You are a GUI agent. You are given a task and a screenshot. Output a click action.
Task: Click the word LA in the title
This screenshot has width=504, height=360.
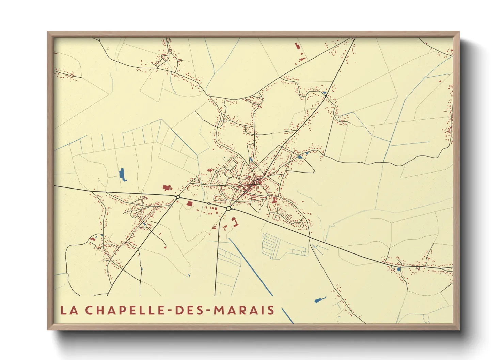point(69,310)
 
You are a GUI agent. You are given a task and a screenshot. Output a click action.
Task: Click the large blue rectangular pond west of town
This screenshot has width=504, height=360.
point(122,175)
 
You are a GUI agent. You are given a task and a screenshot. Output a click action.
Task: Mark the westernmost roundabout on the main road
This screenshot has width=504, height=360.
point(178,197)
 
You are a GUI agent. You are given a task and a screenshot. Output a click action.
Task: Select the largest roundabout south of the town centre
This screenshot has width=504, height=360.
point(229,208)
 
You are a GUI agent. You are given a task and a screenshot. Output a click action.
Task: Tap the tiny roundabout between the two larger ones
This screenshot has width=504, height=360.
point(209,203)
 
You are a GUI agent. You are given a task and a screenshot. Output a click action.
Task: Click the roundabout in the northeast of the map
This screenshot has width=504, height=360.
point(326,96)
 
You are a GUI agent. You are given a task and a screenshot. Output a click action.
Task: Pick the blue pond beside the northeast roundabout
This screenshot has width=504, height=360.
point(324,92)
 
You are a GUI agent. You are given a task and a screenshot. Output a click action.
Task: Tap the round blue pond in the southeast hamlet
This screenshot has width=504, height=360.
point(398,269)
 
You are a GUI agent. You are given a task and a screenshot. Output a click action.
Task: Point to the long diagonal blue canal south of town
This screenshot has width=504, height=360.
point(250,266)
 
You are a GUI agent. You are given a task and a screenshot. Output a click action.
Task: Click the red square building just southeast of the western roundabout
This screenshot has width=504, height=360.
point(190,203)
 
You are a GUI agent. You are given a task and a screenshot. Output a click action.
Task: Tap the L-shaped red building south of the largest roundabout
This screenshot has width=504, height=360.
point(235,222)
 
